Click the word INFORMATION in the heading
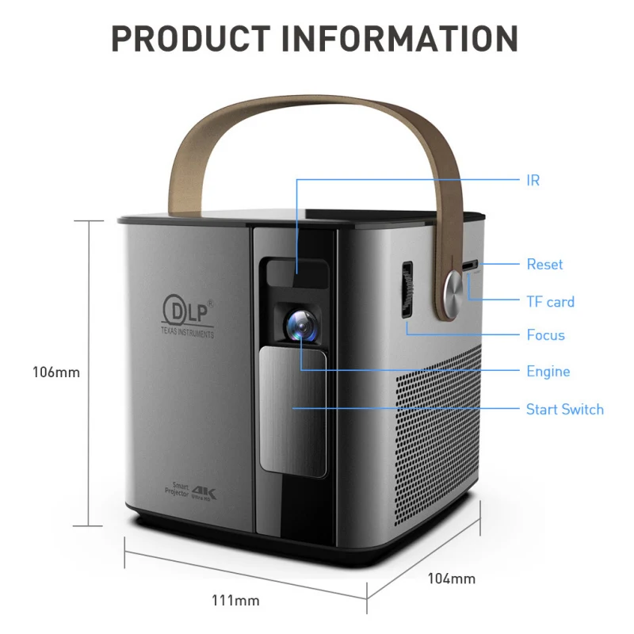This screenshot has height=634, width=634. pos(411,37)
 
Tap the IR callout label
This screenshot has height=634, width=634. pos(533,180)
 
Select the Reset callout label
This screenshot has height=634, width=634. pos(544,264)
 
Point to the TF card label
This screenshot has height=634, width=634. pos(550,301)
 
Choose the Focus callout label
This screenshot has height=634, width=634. pos(545,334)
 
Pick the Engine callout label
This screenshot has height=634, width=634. pos(548,371)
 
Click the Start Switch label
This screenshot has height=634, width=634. pos(564,409)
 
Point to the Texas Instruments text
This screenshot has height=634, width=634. pos(187,334)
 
